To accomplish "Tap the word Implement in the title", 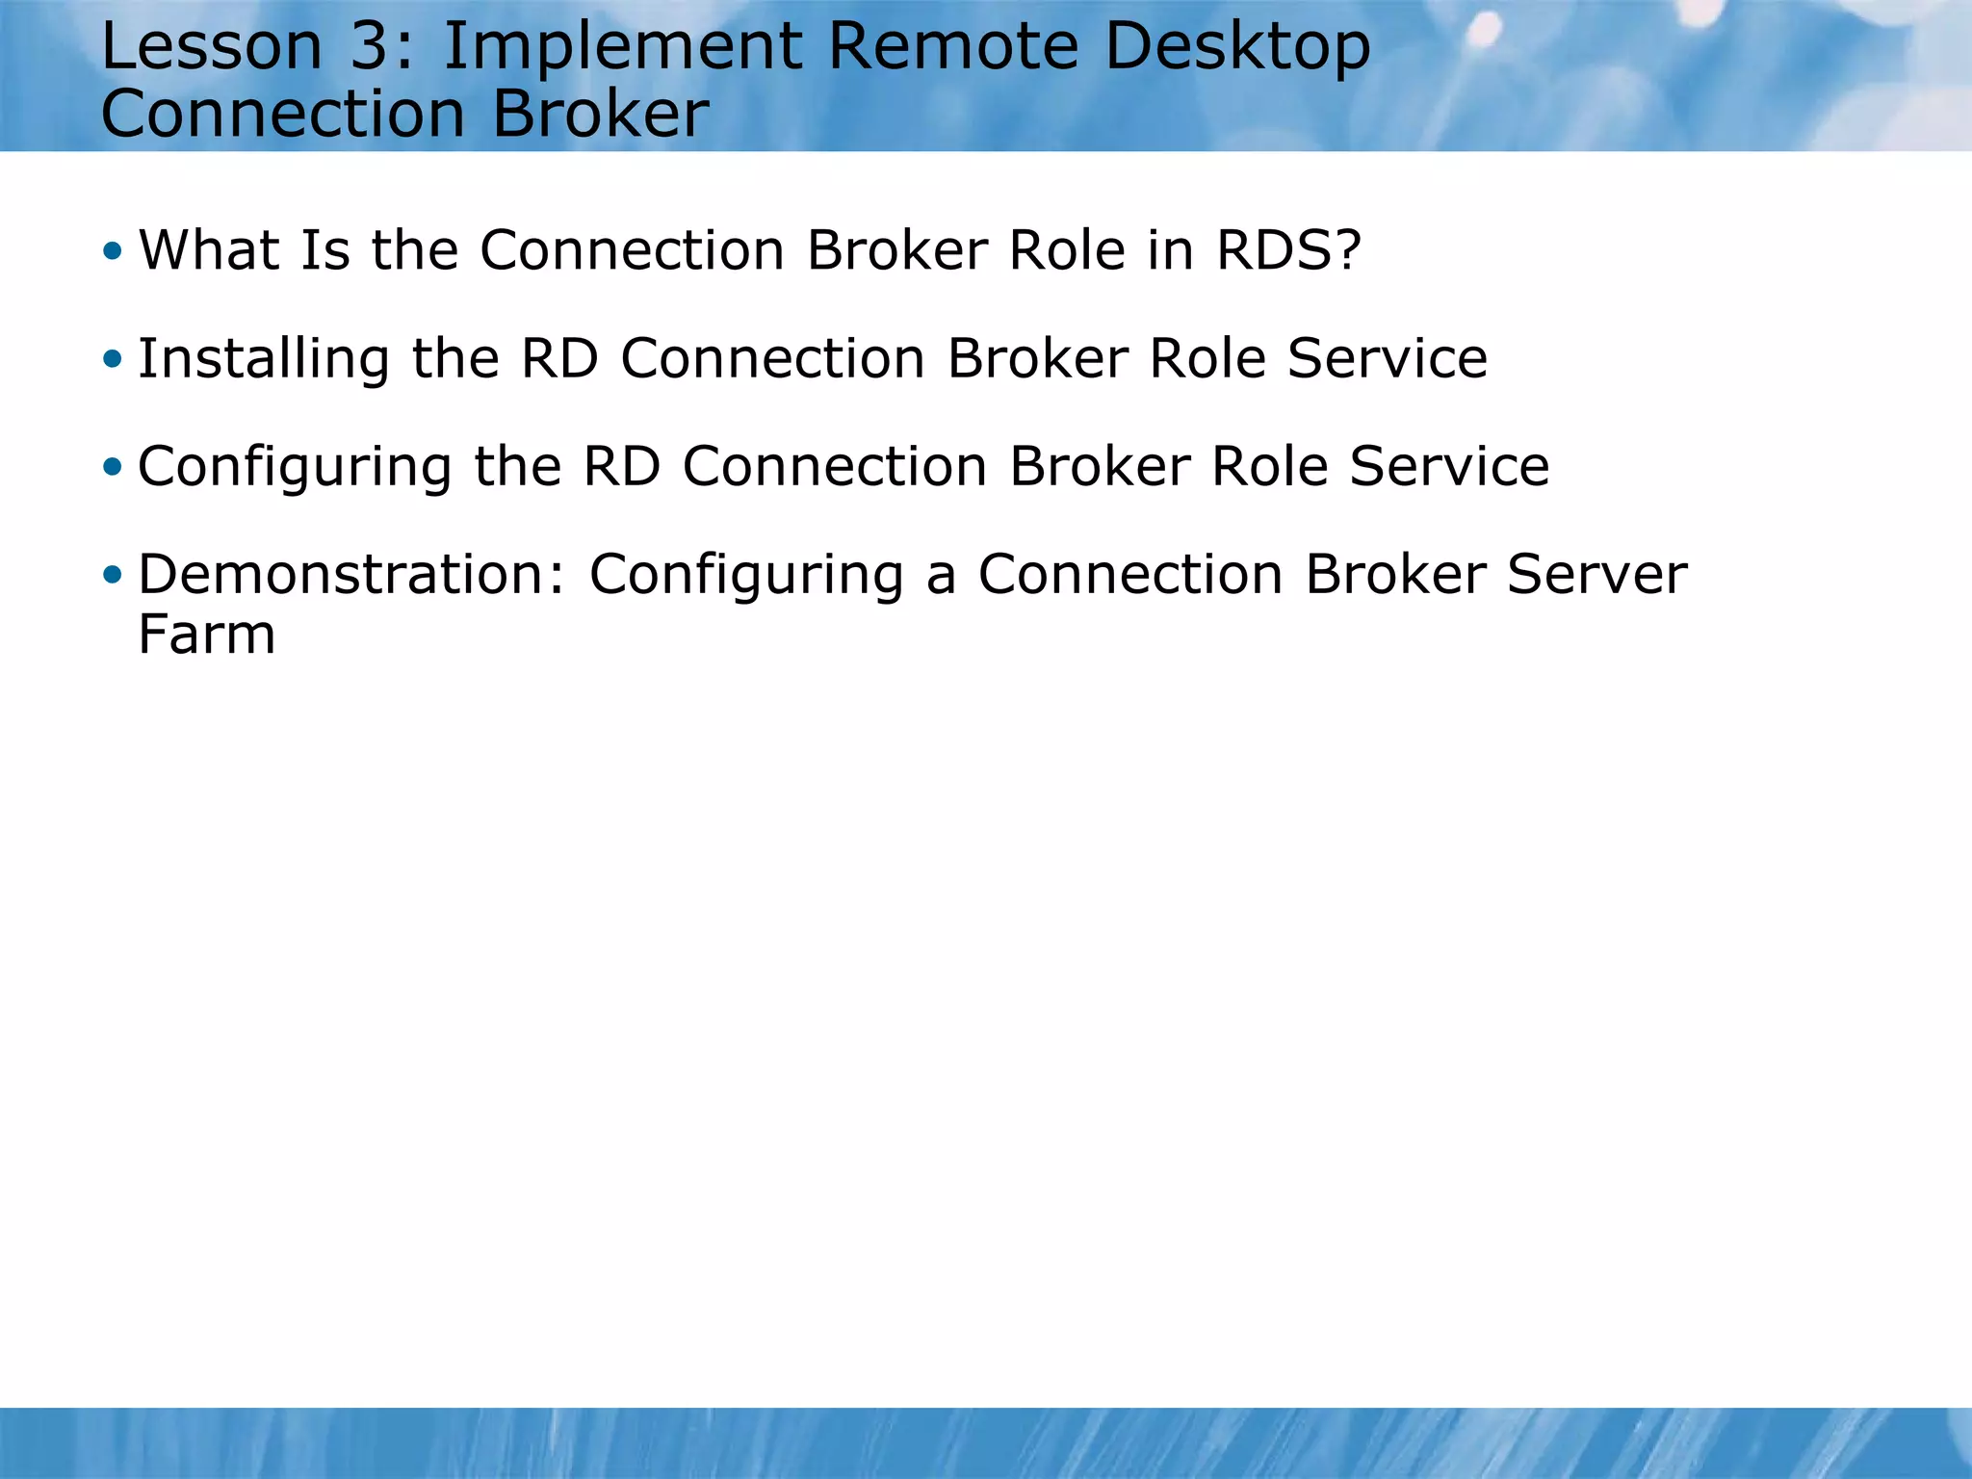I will coord(622,46).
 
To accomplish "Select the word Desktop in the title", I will coord(1237,46).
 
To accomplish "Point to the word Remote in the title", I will coord(952,46).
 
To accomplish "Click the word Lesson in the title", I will coord(211,46).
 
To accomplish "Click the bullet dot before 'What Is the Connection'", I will coord(114,251).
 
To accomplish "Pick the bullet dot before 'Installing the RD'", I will coord(114,359).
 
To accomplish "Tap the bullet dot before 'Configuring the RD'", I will coord(114,467).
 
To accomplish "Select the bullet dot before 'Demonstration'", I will coord(114,575).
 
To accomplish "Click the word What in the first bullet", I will coord(210,250).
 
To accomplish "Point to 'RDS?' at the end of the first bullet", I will coord(1288,250).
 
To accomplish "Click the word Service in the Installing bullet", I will coord(1387,358).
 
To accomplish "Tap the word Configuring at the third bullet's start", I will coord(295,468).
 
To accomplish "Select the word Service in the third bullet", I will coord(1448,466).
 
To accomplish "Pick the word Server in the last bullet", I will coord(1596,575).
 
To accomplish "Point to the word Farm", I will coord(206,635).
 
